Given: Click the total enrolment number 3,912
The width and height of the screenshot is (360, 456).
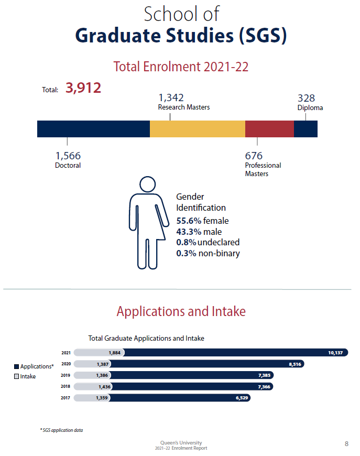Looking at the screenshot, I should pyautogui.click(x=83, y=88).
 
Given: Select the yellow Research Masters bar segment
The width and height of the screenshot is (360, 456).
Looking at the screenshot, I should pyautogui.click(x=197, y=129).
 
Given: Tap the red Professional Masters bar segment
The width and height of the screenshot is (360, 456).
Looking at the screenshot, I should pyautogui.click(x=269, y=129).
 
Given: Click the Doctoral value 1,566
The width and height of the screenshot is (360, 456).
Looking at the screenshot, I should pyautogui.click(x=68, y=156).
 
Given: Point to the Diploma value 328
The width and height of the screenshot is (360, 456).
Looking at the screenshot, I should pyautogui.click(x=307, y=98).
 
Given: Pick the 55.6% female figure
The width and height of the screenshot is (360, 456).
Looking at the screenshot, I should pyautogui.click(x=202, y=221).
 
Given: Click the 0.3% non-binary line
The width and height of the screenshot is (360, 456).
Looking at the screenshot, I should pyautogui.click(x=208, y=254).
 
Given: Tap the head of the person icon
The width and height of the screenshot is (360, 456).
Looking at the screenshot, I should pyautogui.click(x=148, y=184).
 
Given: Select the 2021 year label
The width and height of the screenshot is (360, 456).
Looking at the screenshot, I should pyautogui.click(x=66, y=353).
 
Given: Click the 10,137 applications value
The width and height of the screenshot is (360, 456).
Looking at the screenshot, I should pyautogui.click(x=335, y=353).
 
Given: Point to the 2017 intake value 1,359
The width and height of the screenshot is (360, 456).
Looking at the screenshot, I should pyautogui.click(x=101, y=398).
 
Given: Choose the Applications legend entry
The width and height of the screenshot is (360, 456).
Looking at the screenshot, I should pyautogui.click(x=34, y=366).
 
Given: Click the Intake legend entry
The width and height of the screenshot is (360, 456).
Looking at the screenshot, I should pyautogui.click(x=25, y=376).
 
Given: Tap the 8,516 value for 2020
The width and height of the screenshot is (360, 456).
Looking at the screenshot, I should pyautogui.click(x=296, y=364).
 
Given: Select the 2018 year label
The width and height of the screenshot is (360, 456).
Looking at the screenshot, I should pyautogui.click(x=66, y=386).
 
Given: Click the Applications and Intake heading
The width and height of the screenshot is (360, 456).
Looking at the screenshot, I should pyautogui.click(x=181, y=311).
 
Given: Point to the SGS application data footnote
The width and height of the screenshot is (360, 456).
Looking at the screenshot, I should pyautogui.click(x=61, y=430).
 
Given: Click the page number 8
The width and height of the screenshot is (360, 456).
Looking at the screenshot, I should pyautogui.click(x=346, y=444).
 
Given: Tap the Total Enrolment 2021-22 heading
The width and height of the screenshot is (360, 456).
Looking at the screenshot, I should pyautogui.click(x=181, y=67).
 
